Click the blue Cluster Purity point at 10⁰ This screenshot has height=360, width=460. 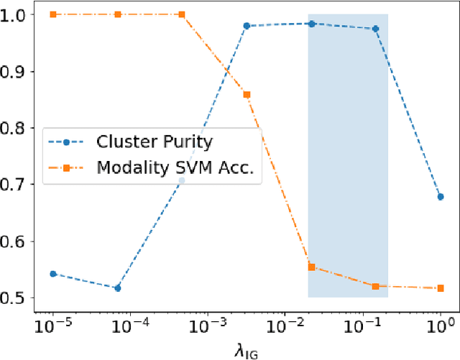tap(440, 197)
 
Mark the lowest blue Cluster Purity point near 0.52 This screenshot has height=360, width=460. tap(117, 287)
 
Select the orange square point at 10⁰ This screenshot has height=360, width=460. tap(440, 288)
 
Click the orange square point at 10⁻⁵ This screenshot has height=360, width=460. tap(54, 14)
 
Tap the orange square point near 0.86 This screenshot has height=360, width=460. tap(247, 94)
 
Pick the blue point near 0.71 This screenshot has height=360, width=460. tap(182, 180)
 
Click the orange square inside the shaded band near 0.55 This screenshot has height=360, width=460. tap(311, 267)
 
